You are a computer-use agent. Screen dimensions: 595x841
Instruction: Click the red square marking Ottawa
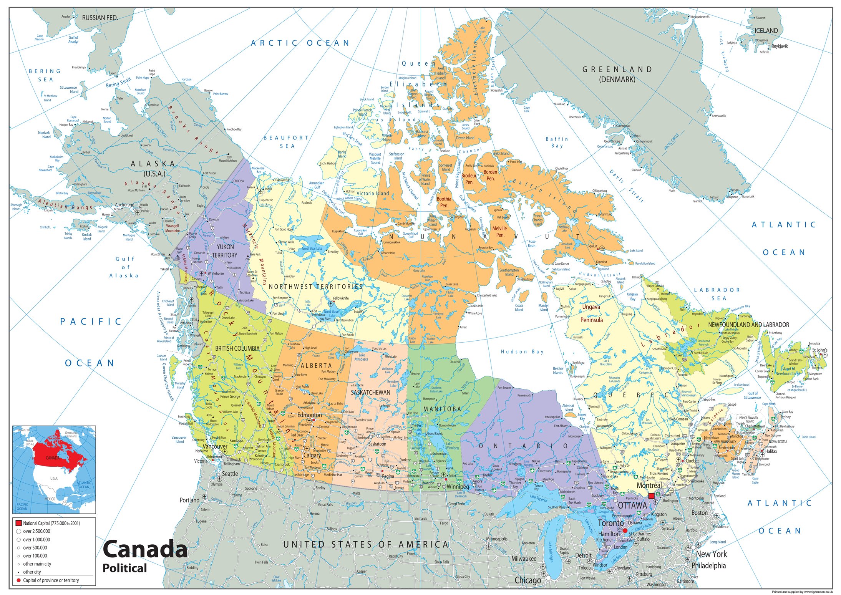pyautogui.click(x=652, y=496)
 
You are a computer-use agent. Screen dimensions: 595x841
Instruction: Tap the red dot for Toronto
pyautogui.click(x=625, y=530)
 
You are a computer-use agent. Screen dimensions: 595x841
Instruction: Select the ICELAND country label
pyautogui.click(x=766, y=31)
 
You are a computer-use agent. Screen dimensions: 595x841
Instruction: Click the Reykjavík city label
pyautogui.click(x=780, y=46)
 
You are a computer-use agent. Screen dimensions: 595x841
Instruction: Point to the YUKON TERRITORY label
pyautogui.click(x=225, y=251)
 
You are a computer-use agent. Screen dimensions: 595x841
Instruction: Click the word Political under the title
pyautogui.click(x=124, y=568)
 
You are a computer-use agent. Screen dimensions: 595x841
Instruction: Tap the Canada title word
pyautogui.click(x=145, y=549)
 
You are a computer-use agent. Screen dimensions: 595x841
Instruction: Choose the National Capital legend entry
pyautogui.click(x=51, y=523)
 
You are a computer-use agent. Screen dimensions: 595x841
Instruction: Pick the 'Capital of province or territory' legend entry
pyautogui.click(x=51, y=580)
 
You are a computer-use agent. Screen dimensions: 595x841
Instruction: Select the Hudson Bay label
pyautogui.click(x=522, y=351)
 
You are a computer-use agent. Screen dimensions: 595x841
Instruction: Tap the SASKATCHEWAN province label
pyautogui.click(x=370, y=393)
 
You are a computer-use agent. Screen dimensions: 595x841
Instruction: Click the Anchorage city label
pyautogui.click(x=124, y=205)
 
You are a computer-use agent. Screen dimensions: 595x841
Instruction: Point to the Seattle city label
pyautogui.click(x=230, y=474)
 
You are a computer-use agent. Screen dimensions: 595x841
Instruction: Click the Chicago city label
pyautogui.click(x=527, y=580)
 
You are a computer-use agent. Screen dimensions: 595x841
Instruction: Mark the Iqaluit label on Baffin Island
pyautogui.click(x=593, y=246)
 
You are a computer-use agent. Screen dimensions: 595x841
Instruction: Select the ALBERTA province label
pyautogui.click(x=316, y=365)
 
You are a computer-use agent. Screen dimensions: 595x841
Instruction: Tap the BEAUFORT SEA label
pyautogui.click(x=286, y=142)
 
